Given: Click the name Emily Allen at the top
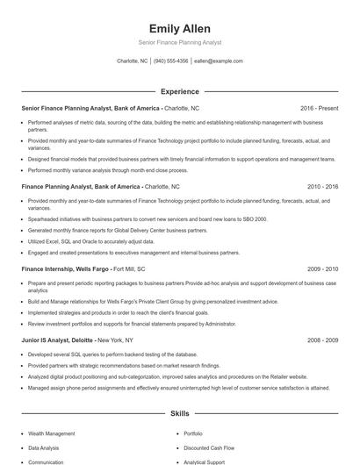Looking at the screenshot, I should [x=180, y=28].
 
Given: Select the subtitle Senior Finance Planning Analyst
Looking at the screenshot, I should [x=180, y=42].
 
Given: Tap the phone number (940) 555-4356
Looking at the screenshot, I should [x=171, y=61].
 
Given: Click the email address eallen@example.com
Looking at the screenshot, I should [x=219, y=61].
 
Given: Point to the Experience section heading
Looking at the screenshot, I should [x=180, y=91].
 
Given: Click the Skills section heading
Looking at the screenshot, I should [x=180, y=411].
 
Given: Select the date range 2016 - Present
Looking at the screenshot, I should [x=319, y=108].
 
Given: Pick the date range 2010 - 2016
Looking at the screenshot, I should [x=322, y=187].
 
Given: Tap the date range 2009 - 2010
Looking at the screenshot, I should [x=322, y=269].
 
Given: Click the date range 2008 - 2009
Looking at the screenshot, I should [x=322, y=339].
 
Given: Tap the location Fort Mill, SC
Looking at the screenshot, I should [x=129, y=269].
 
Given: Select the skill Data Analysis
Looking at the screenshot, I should [x=45, y=447].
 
